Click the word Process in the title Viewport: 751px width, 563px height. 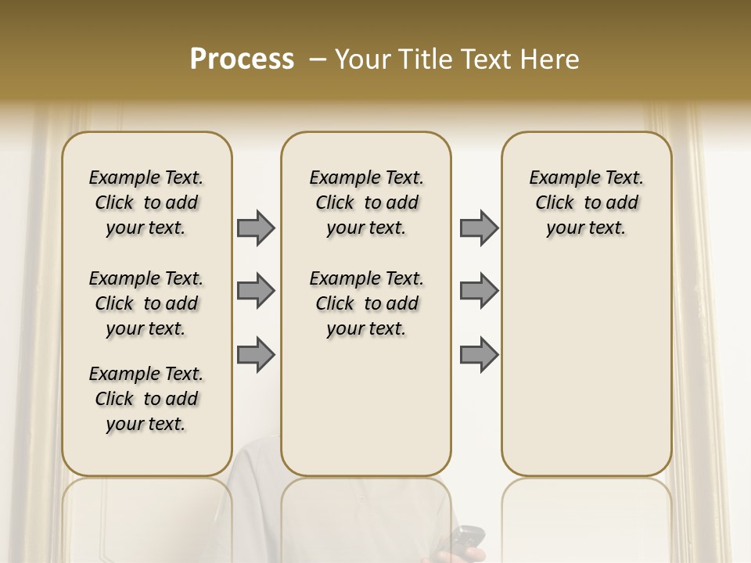point(242,59)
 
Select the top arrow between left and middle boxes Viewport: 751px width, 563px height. point(256,228)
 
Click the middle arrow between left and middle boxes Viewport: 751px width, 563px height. point(256,291)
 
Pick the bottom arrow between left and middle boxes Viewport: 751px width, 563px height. point(256,355)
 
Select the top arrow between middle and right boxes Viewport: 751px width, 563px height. point(479,228)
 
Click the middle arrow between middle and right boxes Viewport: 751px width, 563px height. point(479,291)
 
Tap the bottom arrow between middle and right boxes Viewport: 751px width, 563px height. point(479,355)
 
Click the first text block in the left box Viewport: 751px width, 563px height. point(146,203)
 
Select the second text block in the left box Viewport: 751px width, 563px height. point(146,303)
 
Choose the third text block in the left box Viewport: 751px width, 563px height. point(146,399)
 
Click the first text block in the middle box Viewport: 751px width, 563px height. point(366,203)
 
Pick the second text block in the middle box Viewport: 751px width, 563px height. point(366,303)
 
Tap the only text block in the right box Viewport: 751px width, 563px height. point(586,203)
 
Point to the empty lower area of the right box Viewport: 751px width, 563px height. point(586,368)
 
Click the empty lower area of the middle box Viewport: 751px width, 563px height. point(366,407)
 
